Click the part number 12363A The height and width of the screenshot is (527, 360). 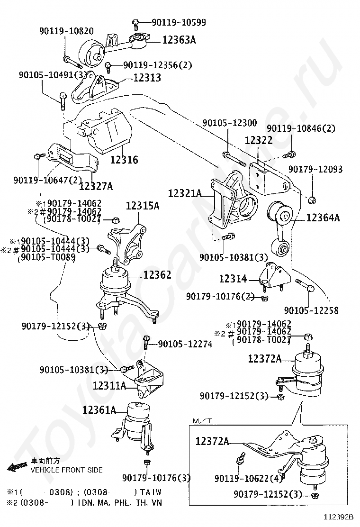(x=179, y=40)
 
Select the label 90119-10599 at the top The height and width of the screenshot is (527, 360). (x=179, y=23)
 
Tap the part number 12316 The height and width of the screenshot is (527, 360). (x=124, y=159)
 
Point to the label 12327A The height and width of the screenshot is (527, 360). (x=96, y=186)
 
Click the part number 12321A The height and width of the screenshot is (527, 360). (x=185, y=193)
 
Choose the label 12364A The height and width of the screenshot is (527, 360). (x=323, y=218)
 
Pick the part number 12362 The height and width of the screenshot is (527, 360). (x=157, y=275)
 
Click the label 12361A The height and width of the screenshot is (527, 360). (x=99, y=410)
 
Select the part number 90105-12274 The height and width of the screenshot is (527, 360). (x=185, y=344)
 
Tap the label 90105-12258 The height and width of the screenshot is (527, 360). (x=311, y=310)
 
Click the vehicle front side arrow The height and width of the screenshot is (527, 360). (x=18, y=466)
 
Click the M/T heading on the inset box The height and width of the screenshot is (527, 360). (x=202, y=421)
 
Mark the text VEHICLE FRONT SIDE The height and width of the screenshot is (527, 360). (x=66, y=470)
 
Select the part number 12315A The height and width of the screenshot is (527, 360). (x=143, y=206)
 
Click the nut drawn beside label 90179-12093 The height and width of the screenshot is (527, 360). (x=312, y=200)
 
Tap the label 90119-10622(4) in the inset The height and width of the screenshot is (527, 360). (x=249, y=478)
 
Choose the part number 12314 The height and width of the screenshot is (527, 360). (x=233, y=279)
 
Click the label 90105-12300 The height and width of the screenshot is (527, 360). (x=230, y=123)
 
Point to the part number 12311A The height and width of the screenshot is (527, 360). (x=109, y=385)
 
